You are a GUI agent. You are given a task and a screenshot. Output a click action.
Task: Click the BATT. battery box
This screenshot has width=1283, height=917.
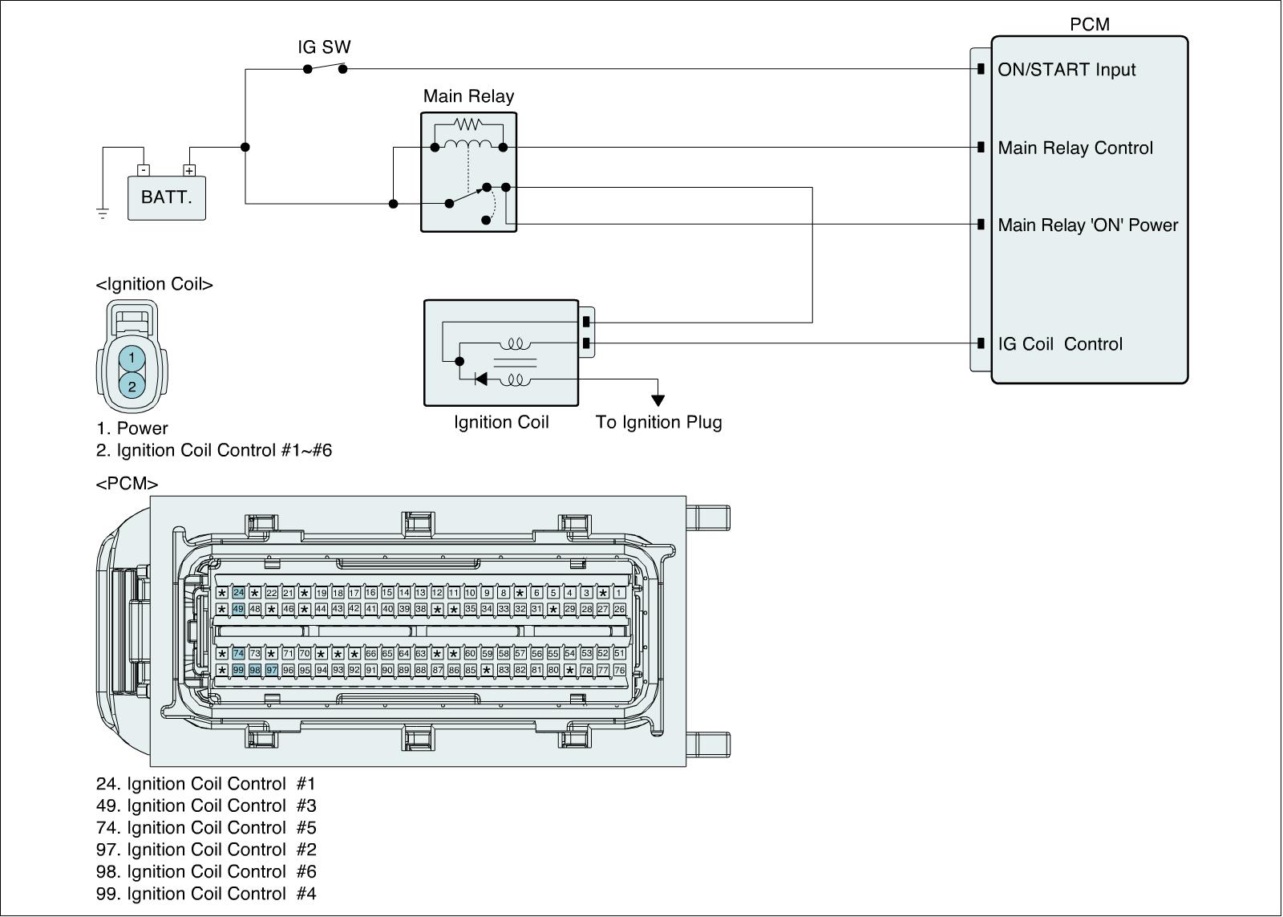tap(166, 197)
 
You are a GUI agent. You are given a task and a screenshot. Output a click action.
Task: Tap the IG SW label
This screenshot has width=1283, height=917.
tap(324, 47)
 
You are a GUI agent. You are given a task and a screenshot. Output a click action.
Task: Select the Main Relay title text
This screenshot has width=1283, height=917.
tap(468, 95)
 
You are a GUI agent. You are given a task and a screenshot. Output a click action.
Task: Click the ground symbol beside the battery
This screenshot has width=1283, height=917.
tap(103, 213)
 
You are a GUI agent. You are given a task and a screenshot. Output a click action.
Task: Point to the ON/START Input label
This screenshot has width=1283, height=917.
tap(1066, 69)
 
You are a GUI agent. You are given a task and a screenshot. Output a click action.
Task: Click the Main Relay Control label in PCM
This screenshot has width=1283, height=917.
tap(1075, 148)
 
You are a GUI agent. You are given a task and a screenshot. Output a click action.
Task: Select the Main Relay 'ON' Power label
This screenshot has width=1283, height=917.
tap(1087, 225)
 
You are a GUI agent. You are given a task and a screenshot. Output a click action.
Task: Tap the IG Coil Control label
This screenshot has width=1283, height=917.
tap(1060, 344)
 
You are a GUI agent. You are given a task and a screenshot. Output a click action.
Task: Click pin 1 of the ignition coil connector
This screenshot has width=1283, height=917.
tap(132, 358)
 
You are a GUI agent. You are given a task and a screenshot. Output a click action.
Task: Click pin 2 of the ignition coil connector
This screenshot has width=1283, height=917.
tap(132, 386)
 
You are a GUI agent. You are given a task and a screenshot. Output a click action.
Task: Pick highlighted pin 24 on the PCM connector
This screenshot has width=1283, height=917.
tap(238, 593)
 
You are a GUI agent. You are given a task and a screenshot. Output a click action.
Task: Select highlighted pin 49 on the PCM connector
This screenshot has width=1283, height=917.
tap(238, 609)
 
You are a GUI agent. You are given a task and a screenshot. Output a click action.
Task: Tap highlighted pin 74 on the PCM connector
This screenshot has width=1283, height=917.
tap(238, 653)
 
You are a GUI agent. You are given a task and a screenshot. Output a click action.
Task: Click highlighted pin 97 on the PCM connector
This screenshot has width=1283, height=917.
tap(272, 670)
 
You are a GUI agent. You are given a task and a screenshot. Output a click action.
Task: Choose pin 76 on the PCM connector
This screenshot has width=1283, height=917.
tap(619, 670)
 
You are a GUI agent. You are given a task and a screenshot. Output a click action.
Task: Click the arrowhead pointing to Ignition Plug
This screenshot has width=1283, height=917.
tap(658, 400)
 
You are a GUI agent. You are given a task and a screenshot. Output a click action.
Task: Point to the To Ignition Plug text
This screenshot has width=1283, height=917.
tap(658, 422)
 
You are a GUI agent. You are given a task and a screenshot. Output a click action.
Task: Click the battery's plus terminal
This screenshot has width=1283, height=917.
tap(189, 170)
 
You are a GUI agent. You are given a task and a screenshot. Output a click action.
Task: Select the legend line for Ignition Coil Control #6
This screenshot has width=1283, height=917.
tap(206, 872)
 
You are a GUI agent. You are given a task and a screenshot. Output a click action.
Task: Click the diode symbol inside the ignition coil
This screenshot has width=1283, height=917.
tap(481, 379)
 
